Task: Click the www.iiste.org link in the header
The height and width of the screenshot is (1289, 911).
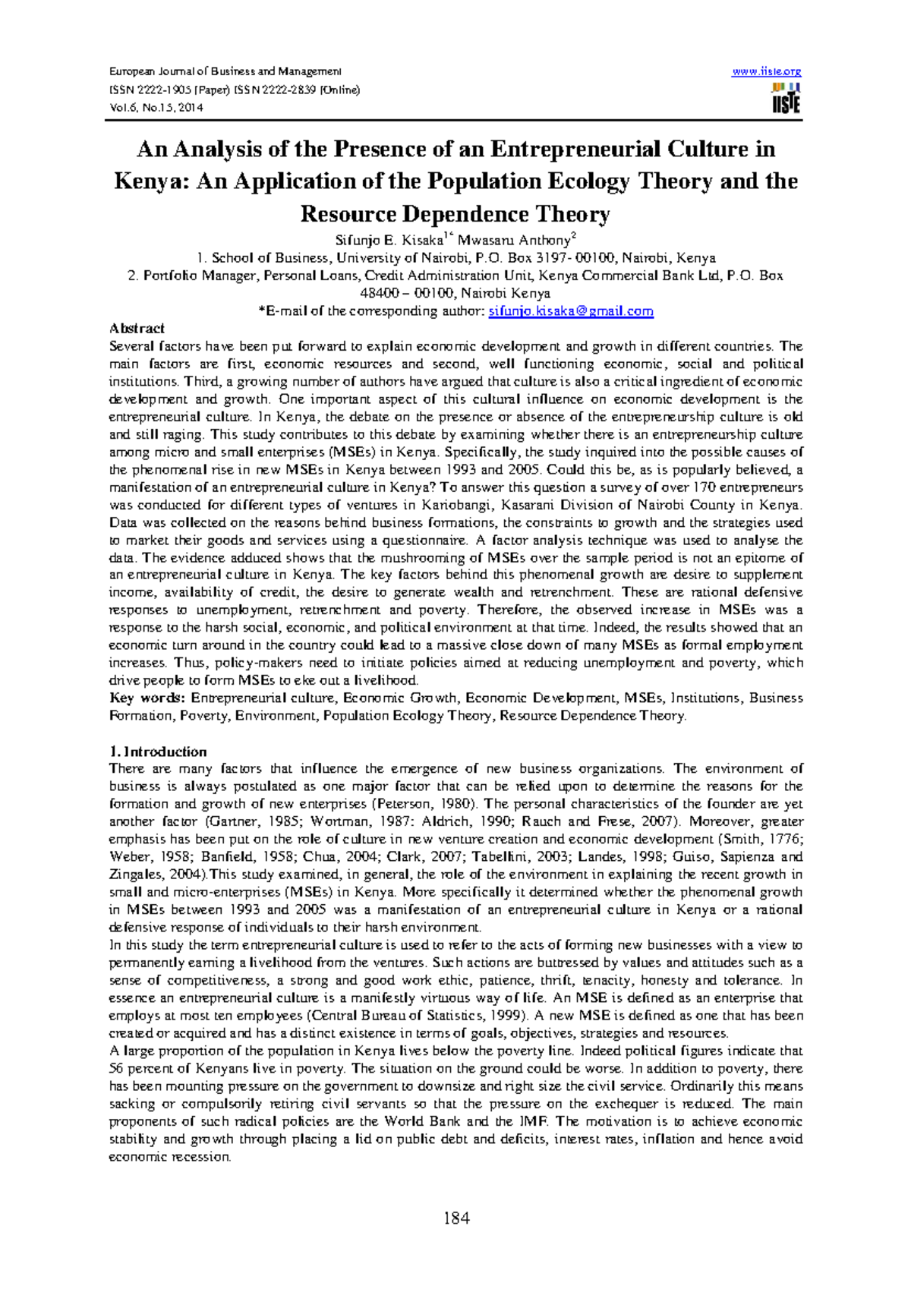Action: pos(766,71)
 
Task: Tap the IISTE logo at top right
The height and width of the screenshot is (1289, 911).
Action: pos(786,99)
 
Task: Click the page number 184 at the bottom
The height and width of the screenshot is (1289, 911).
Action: pos(456,1218)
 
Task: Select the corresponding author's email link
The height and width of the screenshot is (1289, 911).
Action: pos(571,311)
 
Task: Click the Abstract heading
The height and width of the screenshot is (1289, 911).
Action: pos(137,329)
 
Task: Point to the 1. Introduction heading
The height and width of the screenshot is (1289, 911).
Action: pos(158,752)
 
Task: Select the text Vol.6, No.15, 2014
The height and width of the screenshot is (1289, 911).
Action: pos(156,107)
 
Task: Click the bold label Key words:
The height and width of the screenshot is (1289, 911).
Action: pos(147,698)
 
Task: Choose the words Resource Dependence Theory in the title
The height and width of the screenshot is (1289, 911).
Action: pos(455,214)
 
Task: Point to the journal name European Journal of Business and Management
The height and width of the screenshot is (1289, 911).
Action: pos(225,71)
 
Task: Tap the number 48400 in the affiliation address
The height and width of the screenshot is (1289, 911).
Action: pos(380,293)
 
